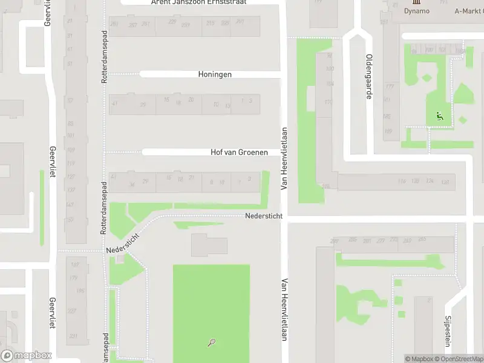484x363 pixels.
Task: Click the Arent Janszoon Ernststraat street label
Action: coord(198,2)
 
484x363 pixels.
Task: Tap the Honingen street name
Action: coord(215,74)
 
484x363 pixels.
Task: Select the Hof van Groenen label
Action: coord(239,152)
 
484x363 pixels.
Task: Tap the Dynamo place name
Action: coord(416,11)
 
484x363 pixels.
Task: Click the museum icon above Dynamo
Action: coord(416,2)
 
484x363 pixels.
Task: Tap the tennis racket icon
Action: coord(211,343)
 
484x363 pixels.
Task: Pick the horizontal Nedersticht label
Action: coord(264,216)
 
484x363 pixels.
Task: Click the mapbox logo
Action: coord(27,356)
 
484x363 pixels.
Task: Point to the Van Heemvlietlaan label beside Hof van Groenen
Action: coord(283,159)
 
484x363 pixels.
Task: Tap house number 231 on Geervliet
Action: coord(73,336)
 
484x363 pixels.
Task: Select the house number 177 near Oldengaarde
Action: coord(389,87)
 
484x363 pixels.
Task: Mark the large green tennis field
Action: coord(211,309)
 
